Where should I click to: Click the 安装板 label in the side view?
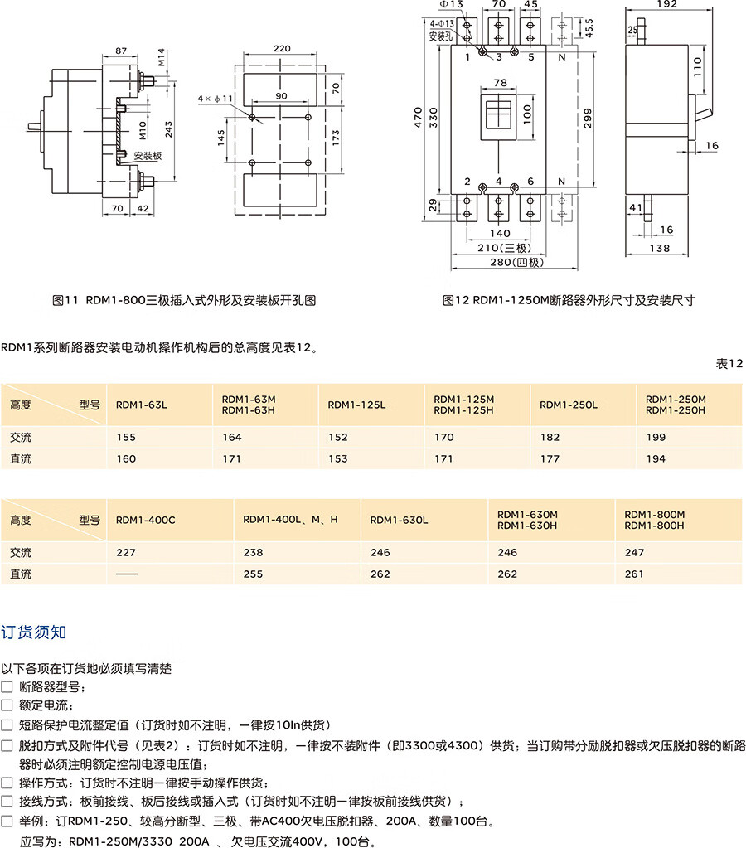[x=147, y=155]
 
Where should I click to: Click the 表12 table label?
[x=730, y=363]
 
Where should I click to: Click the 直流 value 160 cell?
[x=126, y=458]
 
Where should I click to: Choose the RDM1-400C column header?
[x=146, y=520]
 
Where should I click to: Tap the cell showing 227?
[x=126, y=552]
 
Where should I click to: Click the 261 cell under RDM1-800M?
[x=633, y=574]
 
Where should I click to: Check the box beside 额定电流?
[x=7, y=705]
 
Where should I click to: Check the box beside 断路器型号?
[x=7, y=686]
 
